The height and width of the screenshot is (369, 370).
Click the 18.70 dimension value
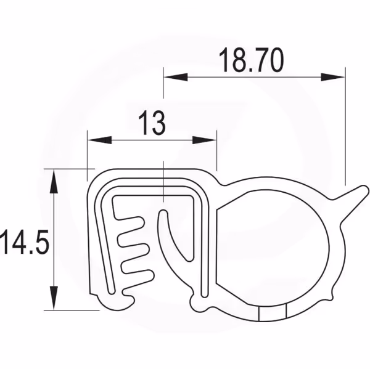pyautogui.click(x=252, y=60)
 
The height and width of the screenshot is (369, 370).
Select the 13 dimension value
pyautogui.click(x=152, y=123)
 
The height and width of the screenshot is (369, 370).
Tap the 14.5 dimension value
pyautogui.click(x=24, y=241)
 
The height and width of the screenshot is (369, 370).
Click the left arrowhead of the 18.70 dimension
pyautogui.click(x=176, y=77)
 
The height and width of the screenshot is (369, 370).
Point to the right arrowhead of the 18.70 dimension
pyautogui.click(x=333, y=77)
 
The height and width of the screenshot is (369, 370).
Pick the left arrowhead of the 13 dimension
pyautogui.click(x=99, y=140)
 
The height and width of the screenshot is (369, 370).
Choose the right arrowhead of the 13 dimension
pyautogui.click(x=204, y=140)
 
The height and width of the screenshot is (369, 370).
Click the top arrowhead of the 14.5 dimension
pyautogui.click(x=54, y=182)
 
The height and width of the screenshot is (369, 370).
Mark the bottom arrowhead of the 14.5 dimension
pyautogui.click(x=54, y=298)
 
